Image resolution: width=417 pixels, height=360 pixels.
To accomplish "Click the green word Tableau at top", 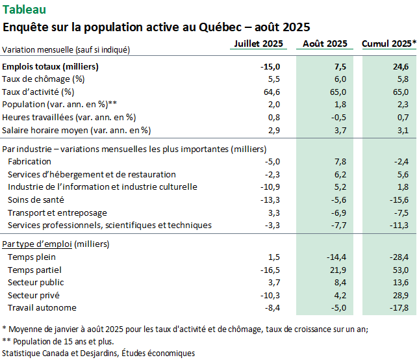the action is pyautogui.click(x=24, y=10).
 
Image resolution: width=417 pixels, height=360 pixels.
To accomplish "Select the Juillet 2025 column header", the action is pyautogui.click(x=259, y=44).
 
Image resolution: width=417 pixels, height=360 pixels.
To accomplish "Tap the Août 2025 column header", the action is pyautogui.click(x=325, y=44).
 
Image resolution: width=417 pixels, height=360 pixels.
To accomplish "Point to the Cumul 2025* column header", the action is pyautogui.click(x=389, y=44).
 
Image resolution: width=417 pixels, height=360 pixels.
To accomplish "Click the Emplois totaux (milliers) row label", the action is pyautogui.click(x=50, y=66).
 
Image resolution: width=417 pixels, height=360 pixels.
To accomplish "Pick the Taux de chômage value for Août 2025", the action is pyautogui.click(x=340, y=79).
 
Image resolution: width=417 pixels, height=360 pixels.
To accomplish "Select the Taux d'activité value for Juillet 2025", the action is pyautogui.click(x=272, y=92).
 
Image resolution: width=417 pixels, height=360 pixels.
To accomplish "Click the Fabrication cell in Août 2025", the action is pyautogui.click(x=340, y=162).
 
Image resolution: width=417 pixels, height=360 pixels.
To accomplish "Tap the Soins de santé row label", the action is pyautogui.click(x=36, y=200).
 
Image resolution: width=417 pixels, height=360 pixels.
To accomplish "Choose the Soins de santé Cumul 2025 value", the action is pyautogui.click(x=399, y=200).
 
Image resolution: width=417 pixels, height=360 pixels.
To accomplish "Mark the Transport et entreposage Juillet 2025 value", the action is pyautogui.click(x=274, y=213).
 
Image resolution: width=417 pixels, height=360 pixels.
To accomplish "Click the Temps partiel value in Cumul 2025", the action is pyautogui.click(x=401, y=270).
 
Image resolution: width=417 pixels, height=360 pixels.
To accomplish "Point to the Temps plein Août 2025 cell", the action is pyautogui.click(x=336, y=257).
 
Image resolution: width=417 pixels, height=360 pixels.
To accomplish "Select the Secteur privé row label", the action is pyautogui.click(x=34, y=296).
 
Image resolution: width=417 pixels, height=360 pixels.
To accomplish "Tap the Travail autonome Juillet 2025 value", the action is pyautogui.click(x=272, y=308).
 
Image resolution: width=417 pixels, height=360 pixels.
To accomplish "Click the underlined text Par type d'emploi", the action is pyautogui.click(x=37, y=244).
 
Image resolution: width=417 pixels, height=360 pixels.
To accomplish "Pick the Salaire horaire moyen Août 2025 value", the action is pyautogui.click(x=340, y=131).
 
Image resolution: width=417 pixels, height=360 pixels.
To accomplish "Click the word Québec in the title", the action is pyautogui.click(x=220, y=27).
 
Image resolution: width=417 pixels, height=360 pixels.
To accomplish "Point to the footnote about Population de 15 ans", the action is pyautogui.click(x=58, y=341).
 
